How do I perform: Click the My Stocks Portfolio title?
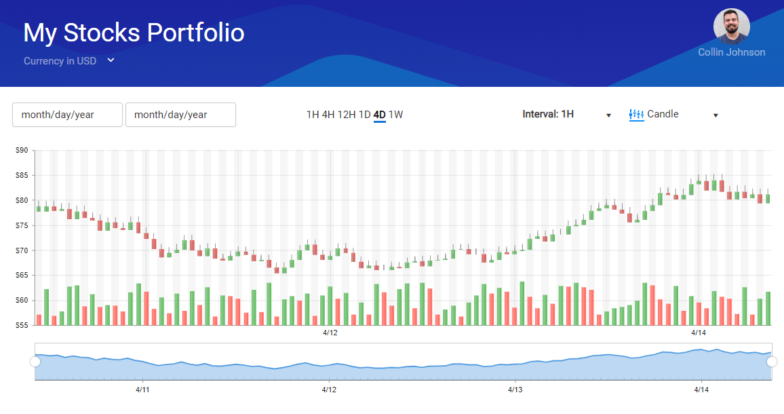click(x=134, y=33)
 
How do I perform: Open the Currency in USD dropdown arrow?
click(x=111, y=60)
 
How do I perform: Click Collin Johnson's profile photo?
click(x=732, y=26)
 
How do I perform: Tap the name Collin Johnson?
click(x=732, y=52)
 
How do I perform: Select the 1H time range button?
click(x=313, y=115)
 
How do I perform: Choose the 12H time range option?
click(x=347, y=115)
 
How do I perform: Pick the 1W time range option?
click(x=395, y=115)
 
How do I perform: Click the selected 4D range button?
click(x=380, y=115)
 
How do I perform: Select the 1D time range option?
click(x=364, y=115)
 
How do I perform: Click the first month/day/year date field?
click(x=68, y=115)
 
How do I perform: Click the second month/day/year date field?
click(x=180, y=115)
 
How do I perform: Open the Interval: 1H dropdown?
click(x=567, y=115)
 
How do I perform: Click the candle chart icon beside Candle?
click(x=636, y=115)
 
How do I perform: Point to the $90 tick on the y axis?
click(x=22, y=150)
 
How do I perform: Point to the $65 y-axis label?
click(x=22, y=276)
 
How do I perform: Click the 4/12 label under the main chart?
click(x=330, y=333)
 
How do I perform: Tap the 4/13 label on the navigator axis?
click(x=515, y=390)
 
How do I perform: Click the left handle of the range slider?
click(x=35, y=362)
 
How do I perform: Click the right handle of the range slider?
click(x=772, y=362)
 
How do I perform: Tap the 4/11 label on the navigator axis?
click(x=142, y=390)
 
